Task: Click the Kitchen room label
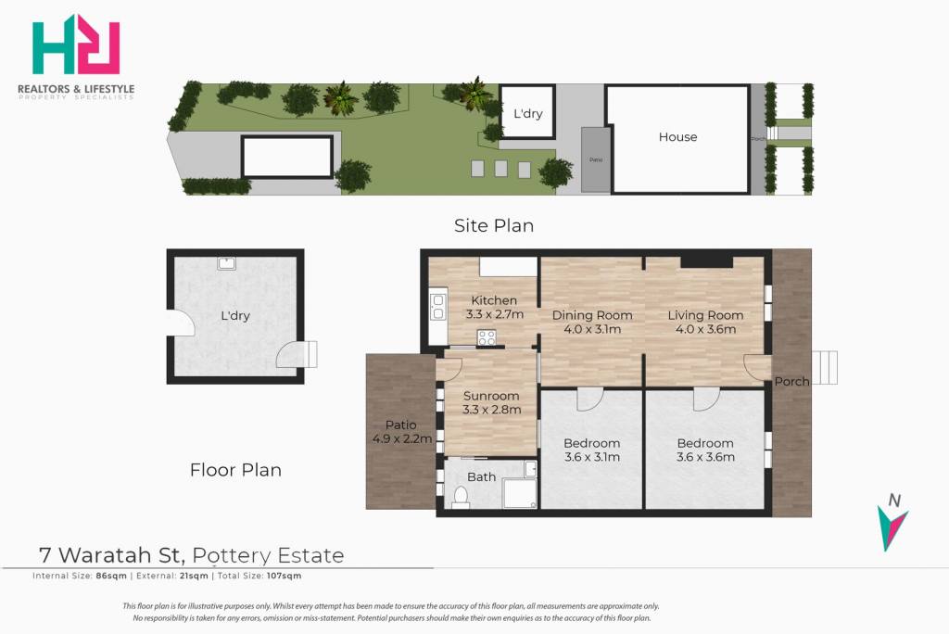[494, 300]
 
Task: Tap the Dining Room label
[592, 315]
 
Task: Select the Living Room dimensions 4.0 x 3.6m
[705, 329]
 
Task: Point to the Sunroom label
[491, 396]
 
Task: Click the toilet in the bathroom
[461, 497]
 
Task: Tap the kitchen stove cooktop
[487, 338]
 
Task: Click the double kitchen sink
[438, 306]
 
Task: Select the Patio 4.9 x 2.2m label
[401, 432]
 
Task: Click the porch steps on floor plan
[824, 368]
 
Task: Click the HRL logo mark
[76, 44]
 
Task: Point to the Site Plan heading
[494, 225]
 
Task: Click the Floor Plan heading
[235, 470]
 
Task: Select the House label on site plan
[677, 137]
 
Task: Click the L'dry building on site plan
[527, 112]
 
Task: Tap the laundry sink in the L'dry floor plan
[227, 263]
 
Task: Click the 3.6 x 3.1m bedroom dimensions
[592, 457]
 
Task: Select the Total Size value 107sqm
[284, 576]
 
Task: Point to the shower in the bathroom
[519, 485]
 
